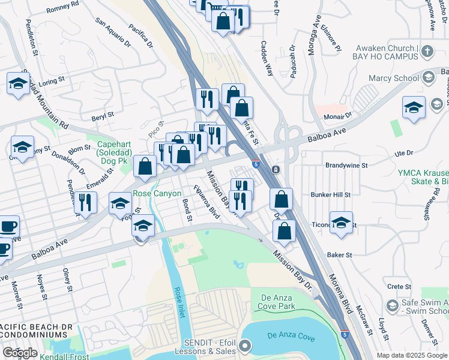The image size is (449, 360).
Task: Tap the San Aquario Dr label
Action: coord(112,32)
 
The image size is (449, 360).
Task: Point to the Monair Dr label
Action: coord(339,116)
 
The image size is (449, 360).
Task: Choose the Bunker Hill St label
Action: coord(330,194)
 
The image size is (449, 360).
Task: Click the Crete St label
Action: coord(399,287)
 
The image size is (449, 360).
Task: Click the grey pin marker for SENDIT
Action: coord(245,345)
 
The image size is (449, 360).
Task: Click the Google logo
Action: coord(20,353)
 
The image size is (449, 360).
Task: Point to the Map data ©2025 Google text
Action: coord(412,355)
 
